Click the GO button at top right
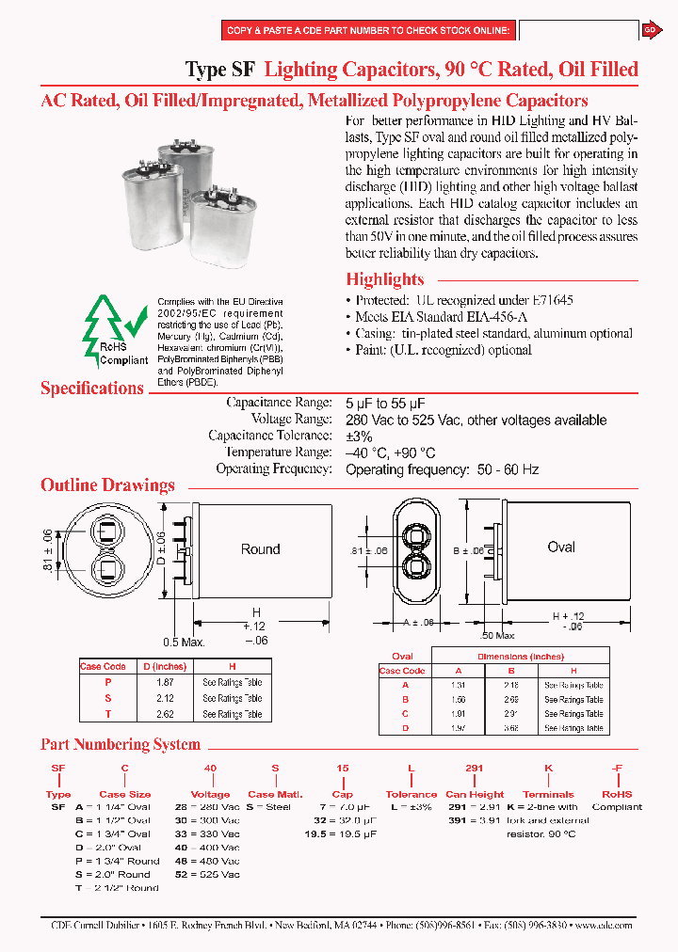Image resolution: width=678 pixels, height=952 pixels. [650, 30]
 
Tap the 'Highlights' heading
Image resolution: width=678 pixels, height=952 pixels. [384, 279]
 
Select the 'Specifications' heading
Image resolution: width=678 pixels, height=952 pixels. [92, 389]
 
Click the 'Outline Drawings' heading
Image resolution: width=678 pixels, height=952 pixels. [107, 485]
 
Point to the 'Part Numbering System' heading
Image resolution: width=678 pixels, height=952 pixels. [121, 744]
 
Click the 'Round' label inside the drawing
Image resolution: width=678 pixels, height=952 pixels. [260, 549]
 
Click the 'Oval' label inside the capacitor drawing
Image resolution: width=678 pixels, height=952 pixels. [561, 547]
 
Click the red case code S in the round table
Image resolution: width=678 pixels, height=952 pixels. [107, 699]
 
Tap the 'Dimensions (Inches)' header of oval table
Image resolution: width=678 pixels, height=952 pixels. [519, 657]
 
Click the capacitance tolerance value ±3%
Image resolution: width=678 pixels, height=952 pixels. [359, 436]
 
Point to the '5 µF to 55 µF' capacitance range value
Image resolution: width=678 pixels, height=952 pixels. [385, 403]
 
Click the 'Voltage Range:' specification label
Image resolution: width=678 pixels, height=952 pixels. [291, 420]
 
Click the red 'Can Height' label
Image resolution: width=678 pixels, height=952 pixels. [475, 794]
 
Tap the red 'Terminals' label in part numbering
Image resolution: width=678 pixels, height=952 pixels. [548, 794]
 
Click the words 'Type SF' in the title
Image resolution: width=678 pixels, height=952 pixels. [219, 70]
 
